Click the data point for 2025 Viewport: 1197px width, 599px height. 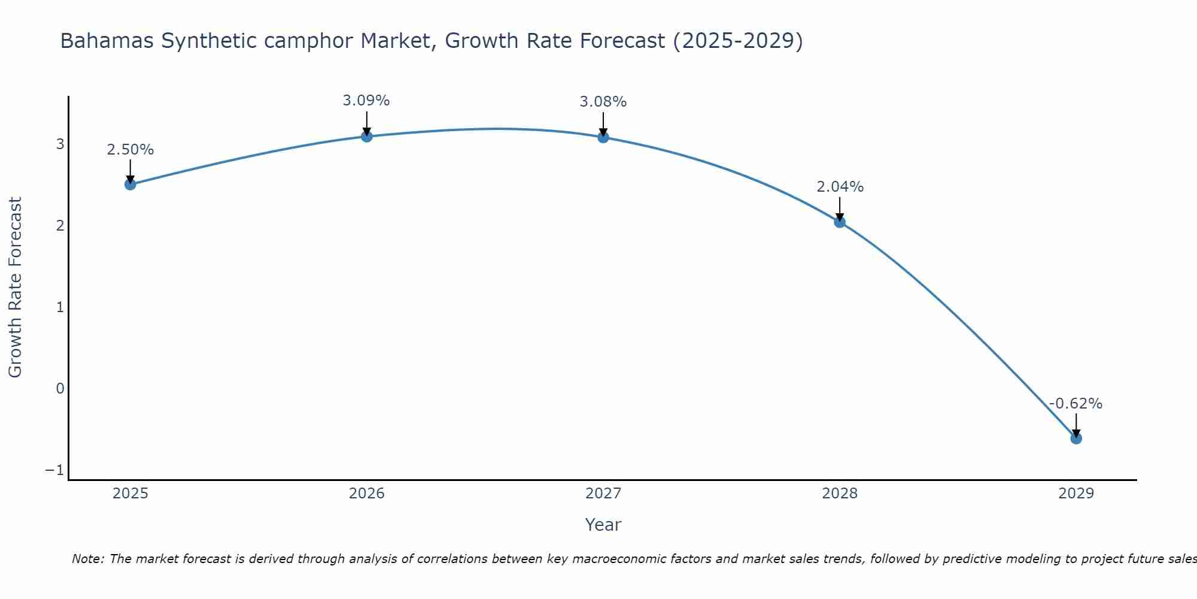pyautogui.click(x=130, y=184)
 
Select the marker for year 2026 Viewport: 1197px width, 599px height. pyautogui.click(x=366, y=137)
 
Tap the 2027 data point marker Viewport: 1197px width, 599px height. pyautogui.click(x=603, y=137)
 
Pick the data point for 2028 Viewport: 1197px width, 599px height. pyautogui.click(x=840, y=222)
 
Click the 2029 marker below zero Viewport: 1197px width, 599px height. pyautogui.click(x=1076, y=438)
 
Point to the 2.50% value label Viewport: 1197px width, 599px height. pyautogui.click(x=130, y=150)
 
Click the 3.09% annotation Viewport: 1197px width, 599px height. pyautogui.click(x=366, y=101)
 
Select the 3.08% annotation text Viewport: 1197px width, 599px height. pyautogui.click(x=603, y=102)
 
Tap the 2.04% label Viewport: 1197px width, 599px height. pyautogui.click(x=840, y=187)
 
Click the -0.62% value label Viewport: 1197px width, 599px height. pyautogui.click(x=1076, y=404)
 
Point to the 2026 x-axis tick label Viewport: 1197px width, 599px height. pyautogui.click(x=366, y=494)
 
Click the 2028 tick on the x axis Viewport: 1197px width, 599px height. pyautogui.click(x=840, y=494)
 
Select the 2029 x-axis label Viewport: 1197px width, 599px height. pyautogui.click(x=1076, y=494)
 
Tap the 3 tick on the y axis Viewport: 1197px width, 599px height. pyautogui.click(x=60, y=144)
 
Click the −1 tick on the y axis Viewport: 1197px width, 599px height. pyautogui.click(x=54, y=470)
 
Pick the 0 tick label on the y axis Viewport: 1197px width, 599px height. pyautogui.click(x=60, y=389)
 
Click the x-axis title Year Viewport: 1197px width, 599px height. pyautogui.click(x=603, y=525)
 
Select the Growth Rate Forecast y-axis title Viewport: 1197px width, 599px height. pyautogui.click(x=15, y=288)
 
